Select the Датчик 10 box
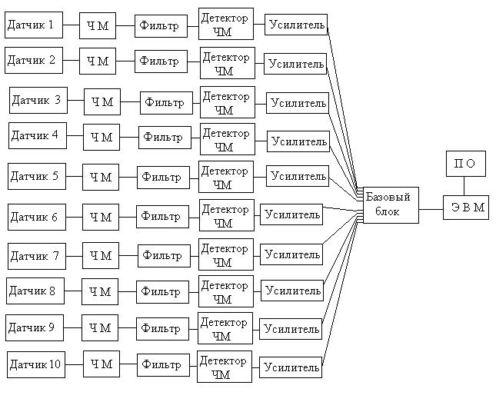pyautogui.click(x=35, y=364)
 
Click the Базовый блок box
pyautogui.click(x=390, y=204)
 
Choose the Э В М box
pyautogui.click(x=465, y=207)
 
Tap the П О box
pyautogui.click(x=465, y=164)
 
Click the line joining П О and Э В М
pyautogui.click(x=464, y=184)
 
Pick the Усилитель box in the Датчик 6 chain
pyautogui.click(x=291, y=214)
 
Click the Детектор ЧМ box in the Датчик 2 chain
pyautogui.click(x=227, y=64)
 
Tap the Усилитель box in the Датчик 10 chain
pyautogui.click(x=290, y=367)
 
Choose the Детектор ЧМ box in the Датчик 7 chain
pyautogui.click(x=226, y=255)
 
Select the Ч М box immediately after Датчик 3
pyautogui.click(x=102, y=101)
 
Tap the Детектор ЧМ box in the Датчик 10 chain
pyautogui.click(x=225, y=367)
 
